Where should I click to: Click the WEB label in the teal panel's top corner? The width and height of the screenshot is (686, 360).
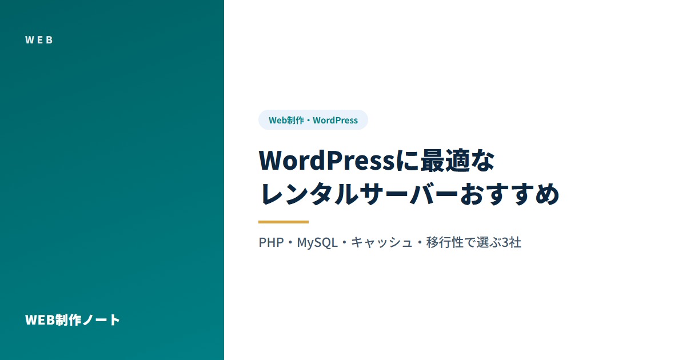coord(39,40)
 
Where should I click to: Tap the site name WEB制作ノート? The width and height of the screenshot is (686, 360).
coord(72,320)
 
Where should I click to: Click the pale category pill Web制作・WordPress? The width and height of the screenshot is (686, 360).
coord(313,120)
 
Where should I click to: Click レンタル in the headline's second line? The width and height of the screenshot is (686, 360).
coord(309,194)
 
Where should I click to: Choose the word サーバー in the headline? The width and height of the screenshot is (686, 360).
coord(409,194)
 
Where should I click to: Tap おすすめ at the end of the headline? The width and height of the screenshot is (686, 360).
coord(509,194)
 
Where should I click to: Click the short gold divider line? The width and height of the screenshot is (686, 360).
coord(284,222)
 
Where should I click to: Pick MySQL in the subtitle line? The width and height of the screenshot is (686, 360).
coord(317,243)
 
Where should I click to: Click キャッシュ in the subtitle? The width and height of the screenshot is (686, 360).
coord(382,242)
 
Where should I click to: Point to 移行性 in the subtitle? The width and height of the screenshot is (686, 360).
coord(445,242)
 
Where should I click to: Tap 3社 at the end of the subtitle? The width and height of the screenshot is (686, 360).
coord(511,242)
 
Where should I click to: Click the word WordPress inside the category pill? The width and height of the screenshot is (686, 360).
coord(335,121)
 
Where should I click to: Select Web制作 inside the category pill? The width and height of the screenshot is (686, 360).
coord(286,121)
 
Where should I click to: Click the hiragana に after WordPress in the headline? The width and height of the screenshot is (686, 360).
coord(408,161)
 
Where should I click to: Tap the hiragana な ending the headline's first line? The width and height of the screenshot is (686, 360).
coord(482,161)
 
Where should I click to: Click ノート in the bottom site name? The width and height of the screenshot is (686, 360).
coord(101,320)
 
